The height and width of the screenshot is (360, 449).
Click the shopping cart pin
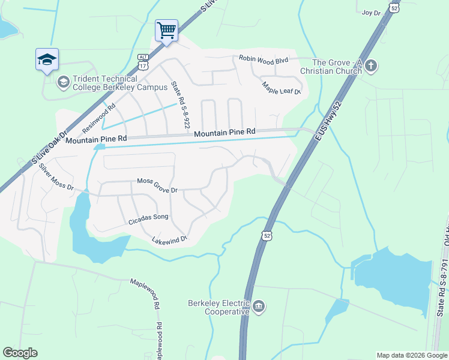click(x=166, y=29)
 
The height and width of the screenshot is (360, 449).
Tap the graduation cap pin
click(x=47, y=59)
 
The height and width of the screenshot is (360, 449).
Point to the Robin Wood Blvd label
click(x=264, y=59)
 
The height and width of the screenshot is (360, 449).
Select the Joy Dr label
click(x=372, y=12)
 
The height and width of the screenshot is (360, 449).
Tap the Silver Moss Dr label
click(x=56, y=178)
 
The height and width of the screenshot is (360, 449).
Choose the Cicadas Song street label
click(x=148, y=220)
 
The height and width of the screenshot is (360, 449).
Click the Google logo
click(x=20, y=353)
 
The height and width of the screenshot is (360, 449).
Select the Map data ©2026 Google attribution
click(x=412, y=355)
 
